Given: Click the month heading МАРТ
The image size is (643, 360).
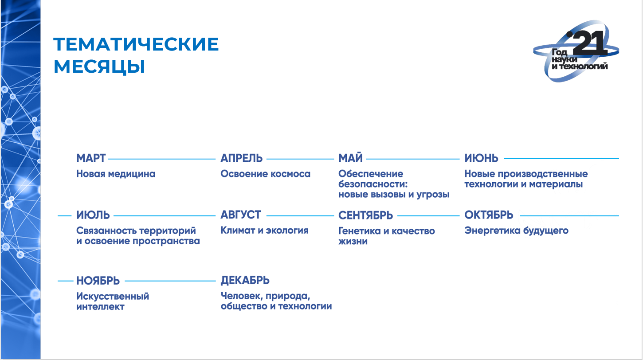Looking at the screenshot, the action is click(91, 158).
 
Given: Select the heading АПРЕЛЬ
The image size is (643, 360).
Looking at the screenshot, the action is click(241, 158).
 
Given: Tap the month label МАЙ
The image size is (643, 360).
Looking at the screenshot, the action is click(350, 158).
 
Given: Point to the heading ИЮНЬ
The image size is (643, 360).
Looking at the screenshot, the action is click(482, 158).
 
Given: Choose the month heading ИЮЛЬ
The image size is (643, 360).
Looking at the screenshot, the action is click(93, 215).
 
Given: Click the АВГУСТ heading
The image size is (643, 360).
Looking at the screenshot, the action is click(240, 215).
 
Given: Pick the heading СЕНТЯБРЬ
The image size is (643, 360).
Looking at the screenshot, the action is click(365, 215).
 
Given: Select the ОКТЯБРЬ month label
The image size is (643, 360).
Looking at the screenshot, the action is click(489, 215).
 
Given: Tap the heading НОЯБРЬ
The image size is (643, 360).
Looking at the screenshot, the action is click(98, 281).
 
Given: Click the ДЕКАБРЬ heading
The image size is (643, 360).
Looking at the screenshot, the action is click(245, 281).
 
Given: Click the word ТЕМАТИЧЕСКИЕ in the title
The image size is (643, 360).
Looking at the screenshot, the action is click(136, 44).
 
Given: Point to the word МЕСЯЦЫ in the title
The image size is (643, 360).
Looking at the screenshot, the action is click(99, 67).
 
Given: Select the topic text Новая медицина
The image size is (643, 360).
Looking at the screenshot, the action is click(116, 174).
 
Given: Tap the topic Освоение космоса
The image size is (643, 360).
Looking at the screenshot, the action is click(266, 174).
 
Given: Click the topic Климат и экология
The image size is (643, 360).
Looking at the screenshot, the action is click(264, 230).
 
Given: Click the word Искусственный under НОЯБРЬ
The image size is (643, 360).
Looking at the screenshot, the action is click(113, 296).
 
